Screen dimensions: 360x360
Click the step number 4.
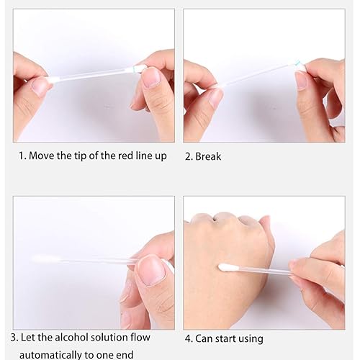(x=188, y=338)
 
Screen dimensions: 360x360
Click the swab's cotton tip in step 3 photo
(x=42, y=258)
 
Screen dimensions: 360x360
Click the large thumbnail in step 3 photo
(x=150, y=271)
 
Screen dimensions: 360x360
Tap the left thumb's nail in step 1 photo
(x=40, y=88)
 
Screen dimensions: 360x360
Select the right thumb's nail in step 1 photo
(x=151, y=77)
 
